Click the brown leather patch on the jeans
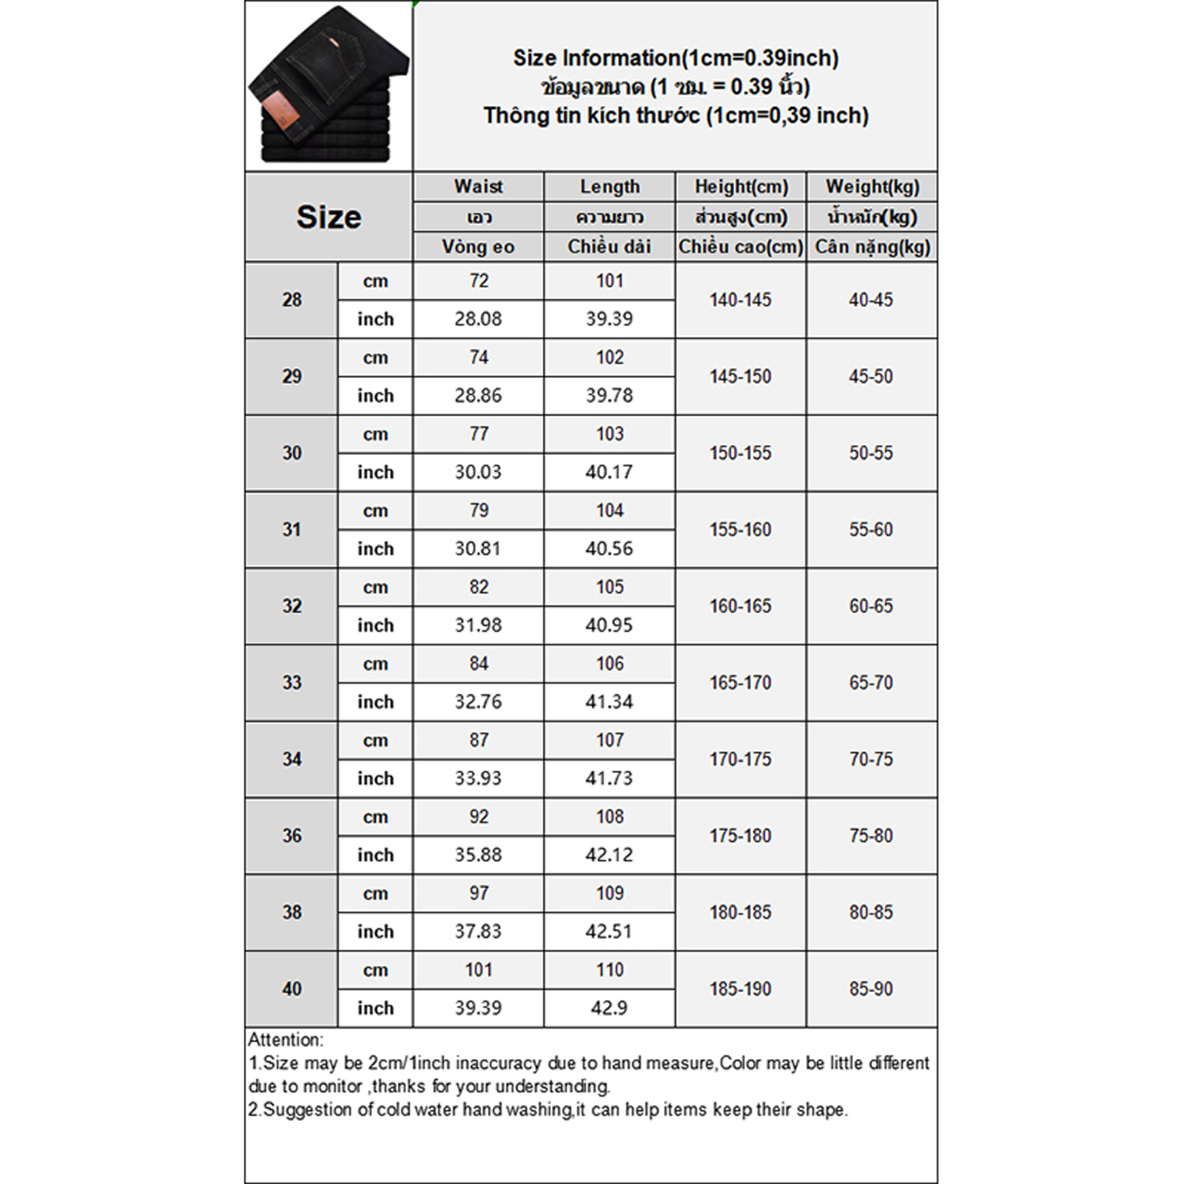pos(282,109)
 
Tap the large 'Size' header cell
pos(329,217)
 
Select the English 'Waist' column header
pos(478,186)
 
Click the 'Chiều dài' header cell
pos(609,246)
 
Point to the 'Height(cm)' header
pos(741,186)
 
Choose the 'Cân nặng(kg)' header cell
pos(872,246)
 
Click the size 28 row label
pos(292,300)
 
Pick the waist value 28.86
pos(478,395)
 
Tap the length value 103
pos(610,434)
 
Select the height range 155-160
pos(740,529)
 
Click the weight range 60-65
pos(871,606)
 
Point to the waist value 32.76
pos(478,702)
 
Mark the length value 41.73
pos(609,778)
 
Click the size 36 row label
pos(292,835)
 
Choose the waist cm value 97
pos(479,893)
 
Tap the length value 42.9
pos(609,1008)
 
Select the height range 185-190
pos(740,989)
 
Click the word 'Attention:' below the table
pos(286,1040)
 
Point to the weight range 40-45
pos(871,300)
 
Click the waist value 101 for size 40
pos(479,969)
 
